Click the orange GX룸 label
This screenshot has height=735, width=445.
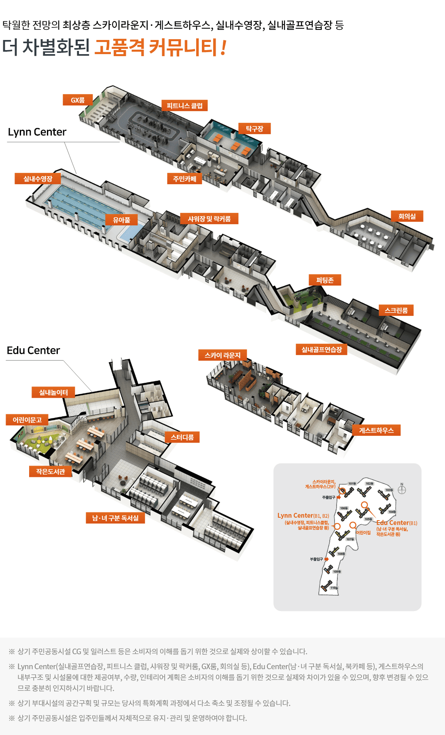pos(78,100)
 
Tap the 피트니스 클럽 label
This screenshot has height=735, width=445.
pos(184,105)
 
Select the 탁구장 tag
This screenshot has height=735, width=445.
pos(254,128)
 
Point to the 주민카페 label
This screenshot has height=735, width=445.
pos(184,178)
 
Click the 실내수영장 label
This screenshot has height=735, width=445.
pos(38,178)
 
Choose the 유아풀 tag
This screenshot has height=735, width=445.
pos(121,220)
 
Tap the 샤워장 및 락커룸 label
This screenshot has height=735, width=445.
pos(209,218)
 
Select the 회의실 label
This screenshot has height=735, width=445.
pos(407,216)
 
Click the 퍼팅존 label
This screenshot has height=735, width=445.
pos(325,280)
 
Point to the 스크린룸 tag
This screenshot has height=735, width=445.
pos(396,310)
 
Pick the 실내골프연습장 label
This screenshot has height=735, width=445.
pos(322,349)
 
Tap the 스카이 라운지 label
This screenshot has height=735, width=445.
pos(222,355)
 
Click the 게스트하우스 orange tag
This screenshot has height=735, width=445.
pos(376,430)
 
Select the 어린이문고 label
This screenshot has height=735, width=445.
pos(27,420)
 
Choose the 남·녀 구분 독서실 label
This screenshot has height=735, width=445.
pos(115,518)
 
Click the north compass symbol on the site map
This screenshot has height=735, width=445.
pos(402,490)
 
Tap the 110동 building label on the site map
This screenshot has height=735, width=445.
pos(334,588)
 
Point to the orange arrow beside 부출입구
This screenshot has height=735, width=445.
pos(326,559)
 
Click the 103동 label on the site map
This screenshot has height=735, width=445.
pos(389,490)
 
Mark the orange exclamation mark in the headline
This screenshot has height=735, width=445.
pos(223,47)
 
